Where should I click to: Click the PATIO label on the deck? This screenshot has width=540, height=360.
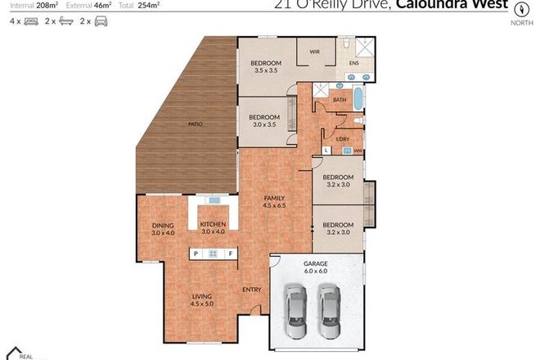[x=195, y=124]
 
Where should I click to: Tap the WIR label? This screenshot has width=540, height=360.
[x=314, y=52]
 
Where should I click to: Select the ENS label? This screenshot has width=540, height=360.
[x=353, y=63]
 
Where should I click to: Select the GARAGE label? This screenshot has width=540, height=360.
[x=316, y=263]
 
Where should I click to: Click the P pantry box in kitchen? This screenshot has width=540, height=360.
[x=196, y=254]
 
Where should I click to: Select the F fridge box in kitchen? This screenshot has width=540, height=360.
[x=232, y=254]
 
